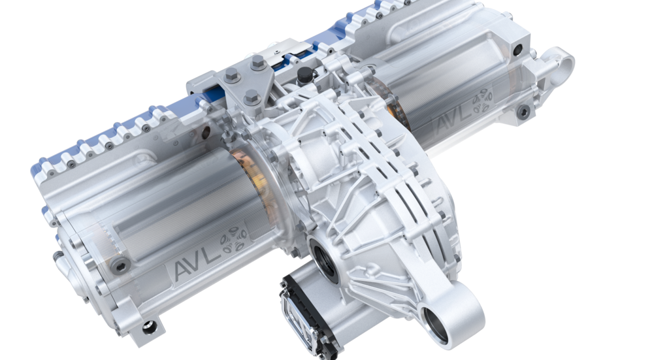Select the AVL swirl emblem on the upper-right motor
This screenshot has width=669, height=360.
[x=481, y=101]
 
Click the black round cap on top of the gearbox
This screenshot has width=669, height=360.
[x=304, y=76]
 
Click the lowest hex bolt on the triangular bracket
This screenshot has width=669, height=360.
[x=252, y=98]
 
